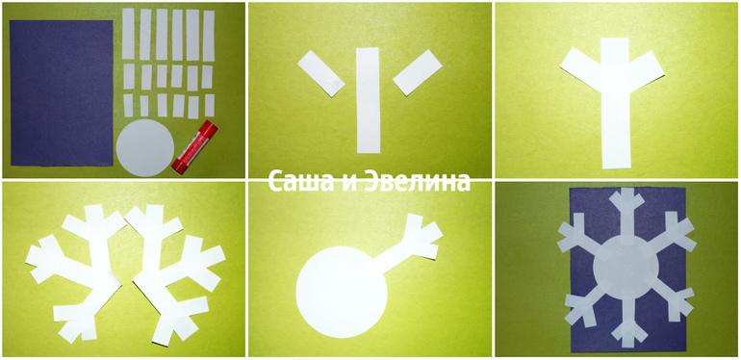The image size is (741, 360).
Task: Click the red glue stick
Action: tap(194, 147)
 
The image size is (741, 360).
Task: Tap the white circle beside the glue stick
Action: tap(145, 148)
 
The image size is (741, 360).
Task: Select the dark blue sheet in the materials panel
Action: tap(62, 93)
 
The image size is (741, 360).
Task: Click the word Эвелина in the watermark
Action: tap(418, 182)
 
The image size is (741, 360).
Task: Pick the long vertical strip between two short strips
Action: tap(369, 100)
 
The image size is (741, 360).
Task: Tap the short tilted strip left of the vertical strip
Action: tap(320, 73)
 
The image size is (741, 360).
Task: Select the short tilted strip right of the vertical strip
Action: tap(418, 72)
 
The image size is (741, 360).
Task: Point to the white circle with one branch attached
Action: tap(342, 291)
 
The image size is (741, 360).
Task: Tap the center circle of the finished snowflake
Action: tap(626, 266)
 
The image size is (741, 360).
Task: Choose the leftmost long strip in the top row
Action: tap(128, 34)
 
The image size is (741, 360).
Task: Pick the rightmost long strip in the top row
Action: tap(209, 36)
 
